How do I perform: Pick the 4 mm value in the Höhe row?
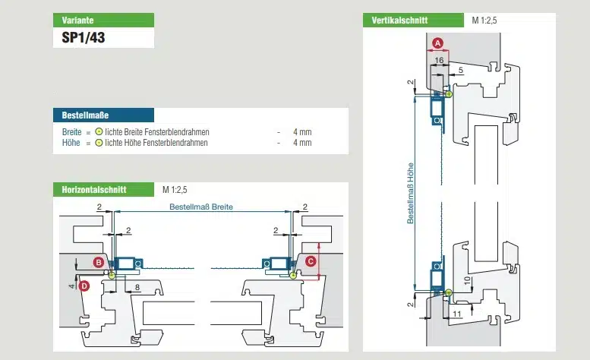301,142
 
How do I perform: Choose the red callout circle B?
98,261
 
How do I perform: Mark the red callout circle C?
310,261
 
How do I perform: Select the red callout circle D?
84,286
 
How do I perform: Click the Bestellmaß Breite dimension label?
201,207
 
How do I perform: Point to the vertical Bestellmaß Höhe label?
411,193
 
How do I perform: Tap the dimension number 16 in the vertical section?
440,58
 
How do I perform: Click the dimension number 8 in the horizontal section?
136,286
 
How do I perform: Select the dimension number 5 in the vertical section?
460,70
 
